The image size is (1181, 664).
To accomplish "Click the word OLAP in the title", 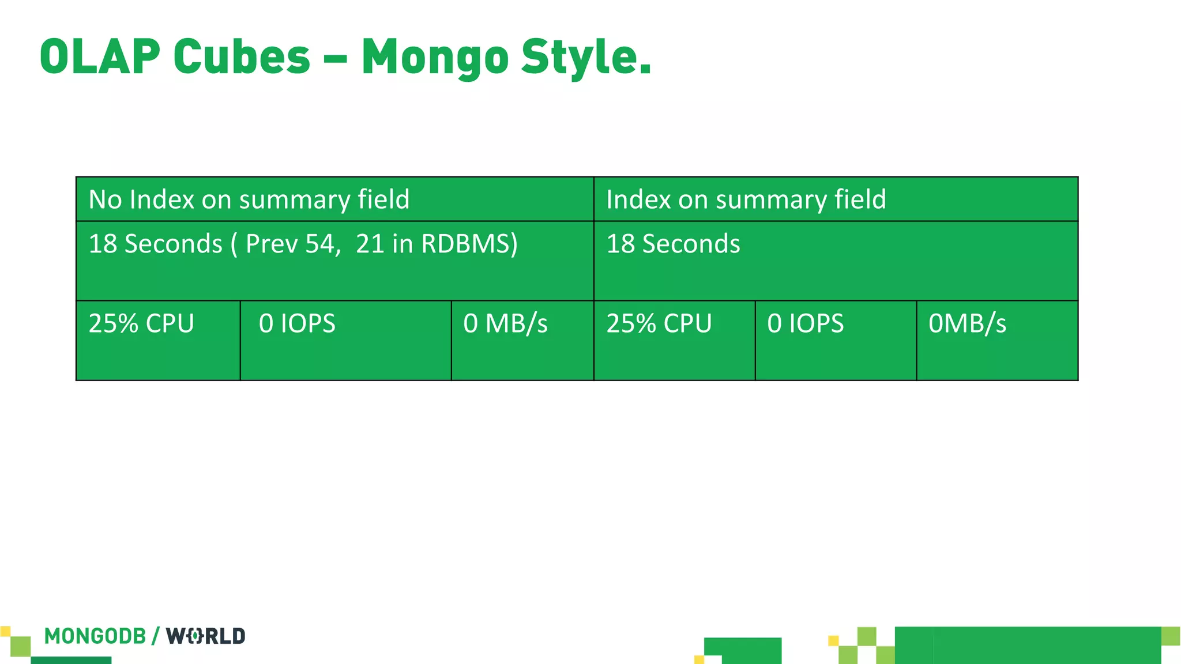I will tap(100, 56).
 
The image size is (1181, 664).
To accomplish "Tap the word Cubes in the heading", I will tap(242, 56).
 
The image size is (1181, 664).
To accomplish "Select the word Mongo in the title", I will tap(435, 58).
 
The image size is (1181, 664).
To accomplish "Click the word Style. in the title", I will tap(586, 58).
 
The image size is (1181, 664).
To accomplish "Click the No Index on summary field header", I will tap(249, 199).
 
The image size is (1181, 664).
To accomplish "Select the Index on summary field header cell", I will tap(746, 199).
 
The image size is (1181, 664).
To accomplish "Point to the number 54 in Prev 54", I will tap(319, 244).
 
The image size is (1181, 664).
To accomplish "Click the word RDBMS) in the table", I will tap(469, 244).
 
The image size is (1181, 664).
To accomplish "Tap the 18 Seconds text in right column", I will tap(673, 244).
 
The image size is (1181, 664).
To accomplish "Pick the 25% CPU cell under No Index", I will tap(141, 323).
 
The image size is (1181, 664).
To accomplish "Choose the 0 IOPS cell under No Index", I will tap(297, 323).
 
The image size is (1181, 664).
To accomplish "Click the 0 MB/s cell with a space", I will tap(505, 323).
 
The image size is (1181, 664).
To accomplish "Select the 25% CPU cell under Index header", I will tap(659, 323).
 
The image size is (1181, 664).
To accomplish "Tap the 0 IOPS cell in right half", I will tap(805, 323).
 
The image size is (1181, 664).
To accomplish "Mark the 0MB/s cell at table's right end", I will tap(967, 323).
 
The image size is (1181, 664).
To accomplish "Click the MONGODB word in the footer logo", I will tap(95, 636).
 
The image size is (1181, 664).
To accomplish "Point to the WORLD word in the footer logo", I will tap(206, 636).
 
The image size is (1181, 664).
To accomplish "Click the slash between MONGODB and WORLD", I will tap(156, 636).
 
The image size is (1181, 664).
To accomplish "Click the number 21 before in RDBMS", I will tap(369, 244).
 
